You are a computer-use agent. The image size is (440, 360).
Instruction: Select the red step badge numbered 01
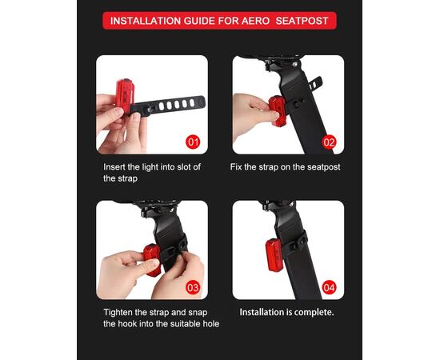click(192, 142)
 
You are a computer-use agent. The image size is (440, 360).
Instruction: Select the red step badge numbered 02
click(329, 142)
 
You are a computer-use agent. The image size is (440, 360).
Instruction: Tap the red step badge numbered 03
click(192, 286)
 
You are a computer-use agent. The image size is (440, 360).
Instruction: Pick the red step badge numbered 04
click(329, 286)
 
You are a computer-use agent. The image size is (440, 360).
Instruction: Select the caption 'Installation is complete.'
click(287, 311)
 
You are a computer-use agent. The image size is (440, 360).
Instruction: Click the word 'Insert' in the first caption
click(117, 166)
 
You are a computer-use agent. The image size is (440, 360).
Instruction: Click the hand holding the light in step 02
click(254, 106)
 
